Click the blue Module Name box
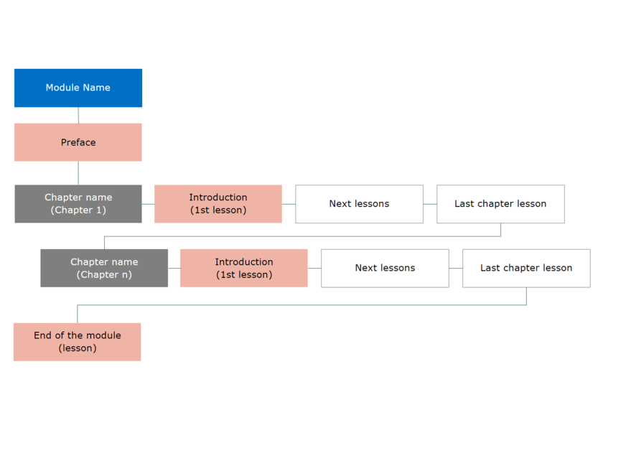[x=78, y=88]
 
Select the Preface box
[x=78, y=142]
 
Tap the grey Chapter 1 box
[x=78, y=204]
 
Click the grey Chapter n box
[x=104, y=268]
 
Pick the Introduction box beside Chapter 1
[x=218, y=204]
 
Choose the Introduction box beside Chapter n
[x=244, y=268]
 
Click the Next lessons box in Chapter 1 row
[x=359, y=204]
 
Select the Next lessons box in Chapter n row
[x=385, y=268]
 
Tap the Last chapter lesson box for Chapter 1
[x=500, y=204]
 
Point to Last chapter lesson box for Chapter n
[x=526, y=268]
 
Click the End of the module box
[x=78, y=342]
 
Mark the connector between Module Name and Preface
[x=78, y=115]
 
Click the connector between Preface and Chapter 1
[x=78, y=173]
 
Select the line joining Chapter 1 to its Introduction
[x=148, y=204]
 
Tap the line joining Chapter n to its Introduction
[x=174, y=268]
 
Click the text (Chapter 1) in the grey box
[x=78, y=210]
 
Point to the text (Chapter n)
[x=104, y=274]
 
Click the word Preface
[x=78, y=142]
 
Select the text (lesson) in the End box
[x=78, y=348]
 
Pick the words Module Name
[x=78, y=88]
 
